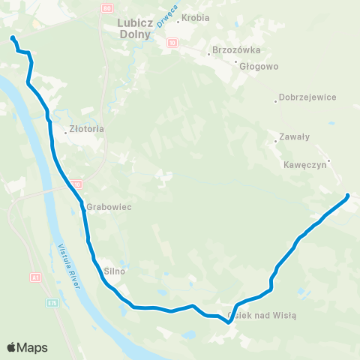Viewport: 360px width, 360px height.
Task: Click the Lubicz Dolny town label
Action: coord(135,28)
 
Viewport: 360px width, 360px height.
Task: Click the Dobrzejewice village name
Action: coord(307,97)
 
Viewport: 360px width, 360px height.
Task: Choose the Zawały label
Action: coord(294,136)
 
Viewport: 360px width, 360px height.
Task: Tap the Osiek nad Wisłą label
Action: coord(262,315)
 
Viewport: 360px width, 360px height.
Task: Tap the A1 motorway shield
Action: coord(34,277)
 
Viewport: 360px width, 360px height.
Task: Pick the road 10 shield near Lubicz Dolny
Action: coord(172,43)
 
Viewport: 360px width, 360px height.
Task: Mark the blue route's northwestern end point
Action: coord(13,37)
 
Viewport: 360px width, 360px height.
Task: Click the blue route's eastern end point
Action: coord(348,196)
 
